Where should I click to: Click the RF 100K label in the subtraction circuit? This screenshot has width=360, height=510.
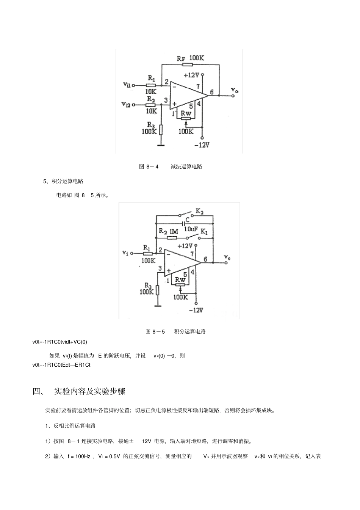(191, 58)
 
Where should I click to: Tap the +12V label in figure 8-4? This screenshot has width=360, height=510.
(191, 75)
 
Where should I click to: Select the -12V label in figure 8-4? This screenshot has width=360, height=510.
(202, 145)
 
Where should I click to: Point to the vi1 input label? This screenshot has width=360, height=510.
(127, 85)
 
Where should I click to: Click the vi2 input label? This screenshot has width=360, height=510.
(126, 104)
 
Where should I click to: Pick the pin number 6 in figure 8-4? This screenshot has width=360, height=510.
(211, 92)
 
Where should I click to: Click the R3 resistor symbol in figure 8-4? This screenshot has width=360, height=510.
(161, 129)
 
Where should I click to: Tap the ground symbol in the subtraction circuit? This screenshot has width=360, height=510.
(161, 144)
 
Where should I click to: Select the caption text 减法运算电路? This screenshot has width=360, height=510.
(186, 166)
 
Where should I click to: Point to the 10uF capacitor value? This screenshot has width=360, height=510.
(191, 229)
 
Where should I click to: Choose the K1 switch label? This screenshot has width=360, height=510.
(204, 232)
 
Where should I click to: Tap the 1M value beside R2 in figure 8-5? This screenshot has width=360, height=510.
(174, 231)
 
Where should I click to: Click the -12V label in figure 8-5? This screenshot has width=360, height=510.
(196, 310)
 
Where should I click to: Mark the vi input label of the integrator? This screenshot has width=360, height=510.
(125, 252)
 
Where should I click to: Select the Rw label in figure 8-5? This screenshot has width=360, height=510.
(180, 279)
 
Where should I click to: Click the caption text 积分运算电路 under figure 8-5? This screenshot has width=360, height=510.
(190, 332)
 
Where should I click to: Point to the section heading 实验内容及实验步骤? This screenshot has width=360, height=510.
(90, 391)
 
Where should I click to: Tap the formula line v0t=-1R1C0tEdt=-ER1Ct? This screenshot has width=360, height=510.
(61, 365)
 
